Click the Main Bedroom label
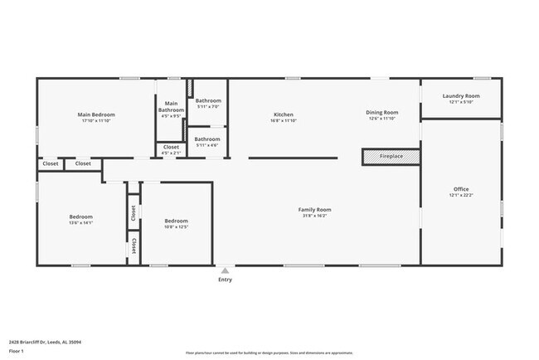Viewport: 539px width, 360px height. pos(96,114)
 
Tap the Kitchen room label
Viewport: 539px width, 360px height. pos(284,114)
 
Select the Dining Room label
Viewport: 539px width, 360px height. pos(382,112)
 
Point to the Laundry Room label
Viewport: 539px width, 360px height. pos(461,96)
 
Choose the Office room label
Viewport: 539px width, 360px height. pos(461,190)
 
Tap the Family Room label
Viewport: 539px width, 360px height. pos(314,210)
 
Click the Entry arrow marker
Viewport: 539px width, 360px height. pos(225,270)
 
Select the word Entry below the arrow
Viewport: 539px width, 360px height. pos(225,280)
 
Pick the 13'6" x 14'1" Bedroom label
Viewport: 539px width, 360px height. pos(80,217)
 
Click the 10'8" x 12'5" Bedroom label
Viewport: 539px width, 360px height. pos(176,221)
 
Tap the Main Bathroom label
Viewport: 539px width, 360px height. pos(171,107)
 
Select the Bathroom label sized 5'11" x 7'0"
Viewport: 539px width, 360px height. pos(207,101)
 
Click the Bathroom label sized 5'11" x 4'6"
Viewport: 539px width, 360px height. pos(207,139)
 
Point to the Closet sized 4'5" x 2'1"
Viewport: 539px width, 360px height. pos(171,150)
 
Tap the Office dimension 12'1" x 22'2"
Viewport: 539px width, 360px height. pos(461,196)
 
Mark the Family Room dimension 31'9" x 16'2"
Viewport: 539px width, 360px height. pos(314,216)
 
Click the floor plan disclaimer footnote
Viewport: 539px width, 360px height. pos(268,353)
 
